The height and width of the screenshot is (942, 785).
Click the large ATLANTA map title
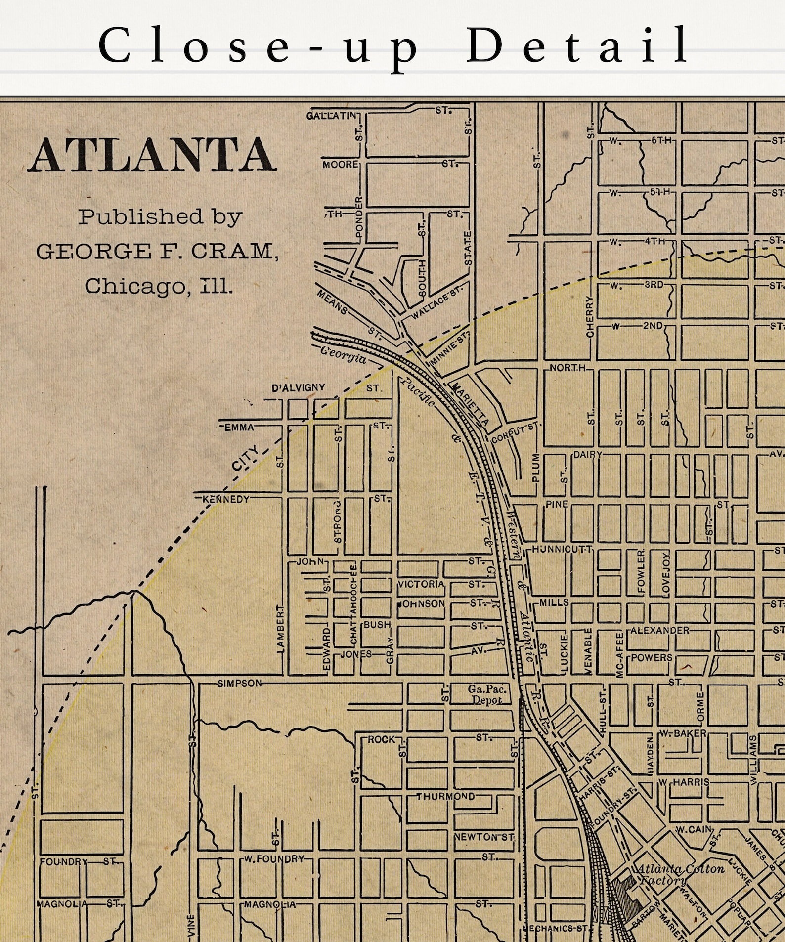(x=152, y=155)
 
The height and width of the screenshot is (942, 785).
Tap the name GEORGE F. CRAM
(x=157, y=251)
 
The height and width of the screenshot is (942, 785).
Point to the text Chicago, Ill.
(x=158, y=286)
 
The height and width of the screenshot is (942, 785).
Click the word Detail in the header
(x=576, y=45)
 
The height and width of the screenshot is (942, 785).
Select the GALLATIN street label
(x=331, y=116)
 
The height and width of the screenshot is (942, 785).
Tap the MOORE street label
(x=340, y=164)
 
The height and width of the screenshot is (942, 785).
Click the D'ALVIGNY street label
(x=299, y=388)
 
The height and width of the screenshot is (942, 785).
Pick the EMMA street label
(x=239, y=428)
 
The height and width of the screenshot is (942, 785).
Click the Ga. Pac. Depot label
(x=487, y=694)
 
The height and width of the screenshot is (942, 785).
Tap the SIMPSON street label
(x=240, y=684)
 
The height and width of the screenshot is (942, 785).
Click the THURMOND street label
(x=445, y=797)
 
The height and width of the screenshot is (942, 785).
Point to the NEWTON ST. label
(x=484, y=837)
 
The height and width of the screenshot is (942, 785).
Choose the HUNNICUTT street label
(x=562, y=549)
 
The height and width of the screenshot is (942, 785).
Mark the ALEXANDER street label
(x=659, y=630)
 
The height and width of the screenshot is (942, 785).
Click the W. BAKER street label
(x=684, y=733)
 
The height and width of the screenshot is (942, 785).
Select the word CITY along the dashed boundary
(x=246, y=458)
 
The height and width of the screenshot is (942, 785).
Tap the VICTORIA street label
(x=421, y=584)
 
